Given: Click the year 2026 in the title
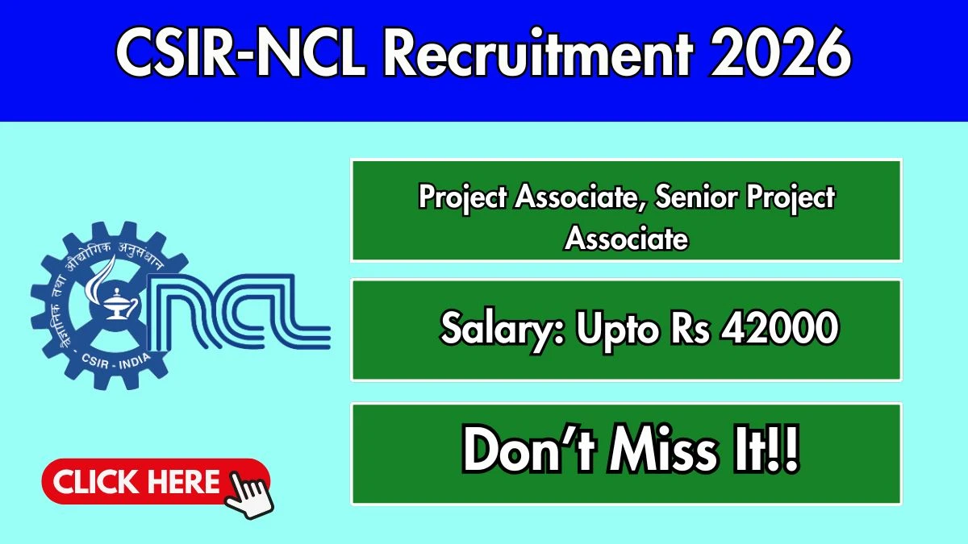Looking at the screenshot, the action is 781,52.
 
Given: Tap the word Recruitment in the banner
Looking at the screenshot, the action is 539,52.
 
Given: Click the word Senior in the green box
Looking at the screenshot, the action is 696,197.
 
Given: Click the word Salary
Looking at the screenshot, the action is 502,330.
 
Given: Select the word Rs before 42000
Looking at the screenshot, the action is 691,328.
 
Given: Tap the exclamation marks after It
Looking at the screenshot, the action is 784,450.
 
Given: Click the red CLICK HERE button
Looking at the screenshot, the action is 156,481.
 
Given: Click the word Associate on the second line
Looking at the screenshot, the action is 626,238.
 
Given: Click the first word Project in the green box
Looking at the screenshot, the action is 462,198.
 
